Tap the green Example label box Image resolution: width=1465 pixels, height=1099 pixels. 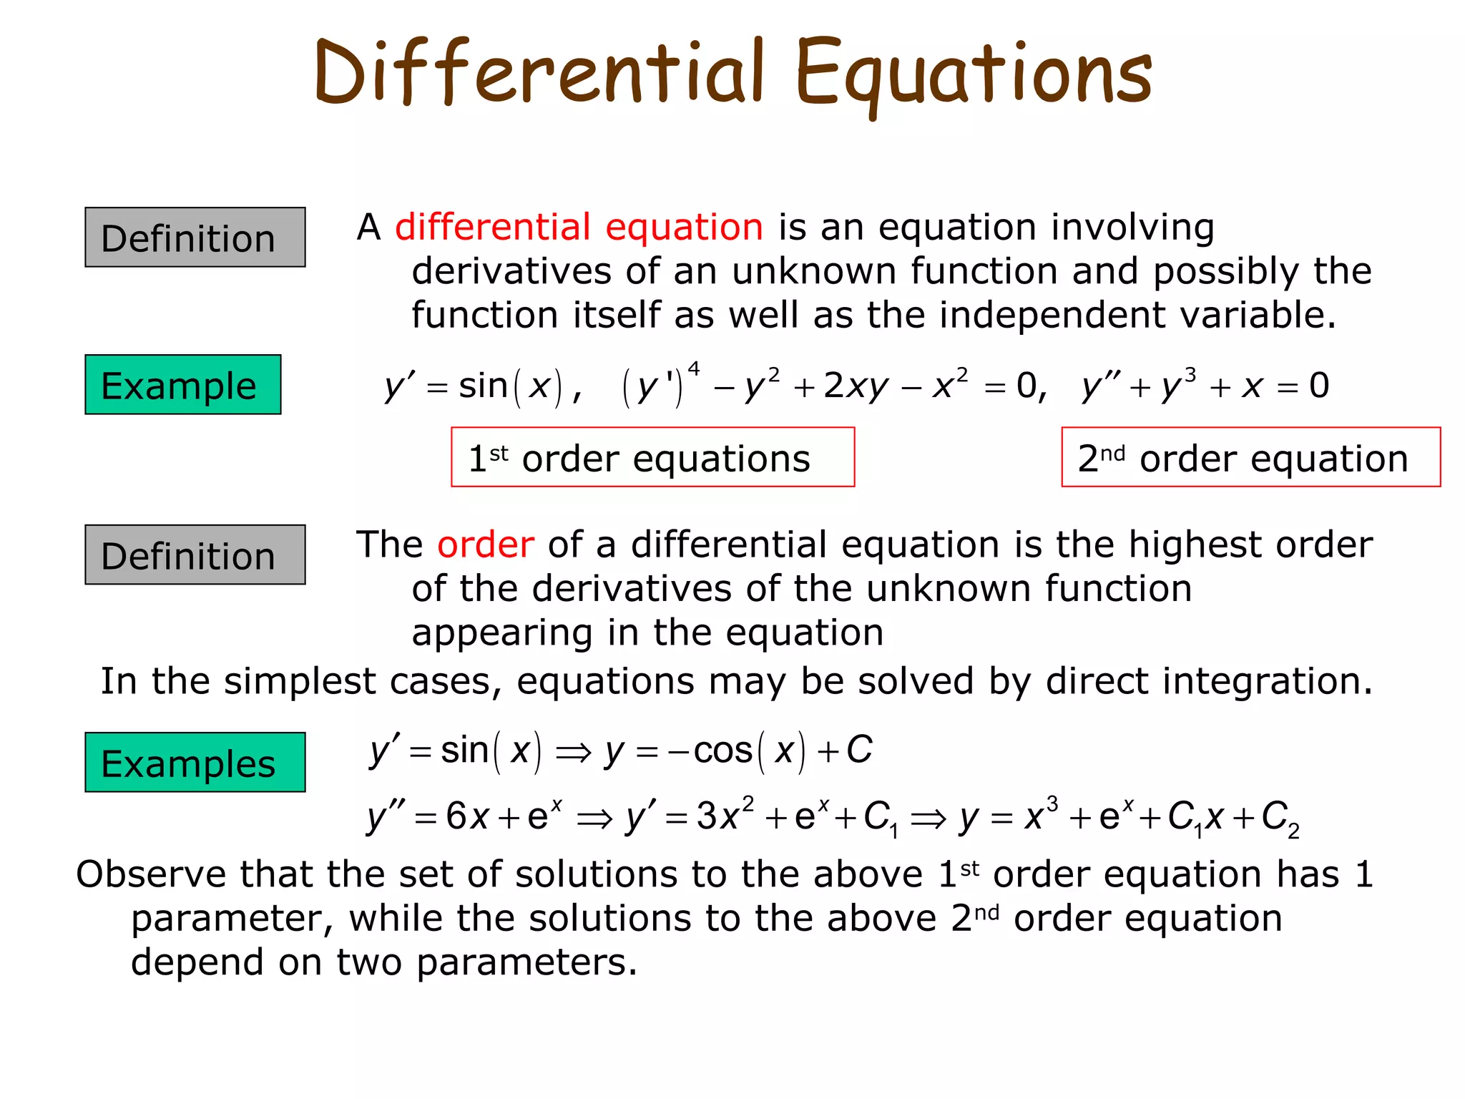coord(183,385)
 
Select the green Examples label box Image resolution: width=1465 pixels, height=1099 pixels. coord(195,763)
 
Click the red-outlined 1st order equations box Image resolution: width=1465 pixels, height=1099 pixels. coord(652,458)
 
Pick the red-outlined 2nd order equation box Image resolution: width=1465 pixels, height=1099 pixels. coord(1250,458)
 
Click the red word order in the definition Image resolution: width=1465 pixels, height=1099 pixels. coord(486,545)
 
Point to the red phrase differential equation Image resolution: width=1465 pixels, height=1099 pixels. coord(579,228)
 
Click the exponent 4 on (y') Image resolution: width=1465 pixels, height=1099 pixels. coord(693,368)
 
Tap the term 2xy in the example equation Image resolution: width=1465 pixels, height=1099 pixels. coord(856,386)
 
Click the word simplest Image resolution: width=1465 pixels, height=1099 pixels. coord(300,681)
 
